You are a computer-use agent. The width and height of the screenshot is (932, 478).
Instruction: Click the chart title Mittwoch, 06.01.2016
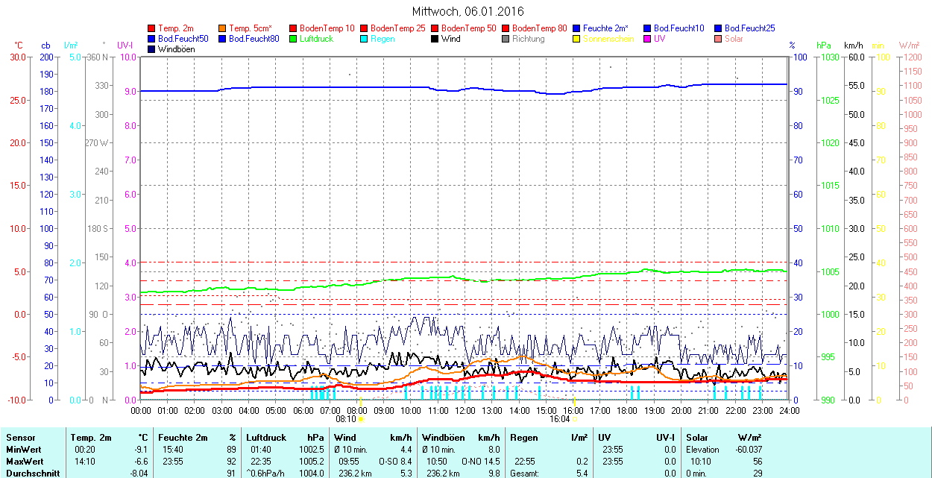467,11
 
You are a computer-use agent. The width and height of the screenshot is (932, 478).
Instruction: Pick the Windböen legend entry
176,49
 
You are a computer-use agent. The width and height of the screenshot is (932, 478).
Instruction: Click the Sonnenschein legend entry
608,39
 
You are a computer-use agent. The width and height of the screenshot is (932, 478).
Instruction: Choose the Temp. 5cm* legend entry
250,28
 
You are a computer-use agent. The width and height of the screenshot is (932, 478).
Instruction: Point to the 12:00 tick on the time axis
465,410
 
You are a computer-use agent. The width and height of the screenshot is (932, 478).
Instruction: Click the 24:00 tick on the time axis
789,410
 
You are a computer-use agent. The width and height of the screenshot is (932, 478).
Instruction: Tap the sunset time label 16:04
560,419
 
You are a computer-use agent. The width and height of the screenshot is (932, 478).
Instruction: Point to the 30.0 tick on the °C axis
17,57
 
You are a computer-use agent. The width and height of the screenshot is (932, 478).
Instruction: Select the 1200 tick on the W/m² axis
911,57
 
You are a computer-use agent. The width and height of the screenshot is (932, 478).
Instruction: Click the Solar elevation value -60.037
748,450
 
